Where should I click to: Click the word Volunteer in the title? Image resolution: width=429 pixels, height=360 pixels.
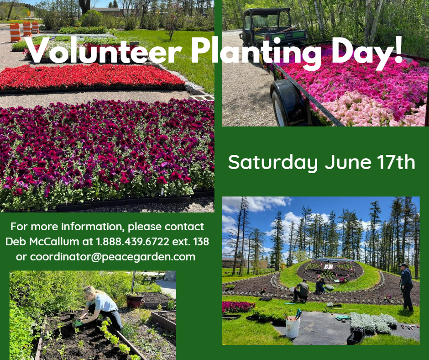coord(105,51)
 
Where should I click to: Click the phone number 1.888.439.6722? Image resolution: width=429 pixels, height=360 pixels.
coord(132,242)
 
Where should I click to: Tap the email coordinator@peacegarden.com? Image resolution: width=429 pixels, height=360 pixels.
coord(112,257)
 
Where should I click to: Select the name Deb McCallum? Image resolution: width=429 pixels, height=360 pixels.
coord(42,242)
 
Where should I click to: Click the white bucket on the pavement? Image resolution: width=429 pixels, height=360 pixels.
coord(293,326)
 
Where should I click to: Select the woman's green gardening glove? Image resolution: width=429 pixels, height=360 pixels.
coord(78,323)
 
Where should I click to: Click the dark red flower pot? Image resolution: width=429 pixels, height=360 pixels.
coord(135,300)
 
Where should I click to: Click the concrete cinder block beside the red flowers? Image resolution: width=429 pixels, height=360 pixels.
coord(201,97)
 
